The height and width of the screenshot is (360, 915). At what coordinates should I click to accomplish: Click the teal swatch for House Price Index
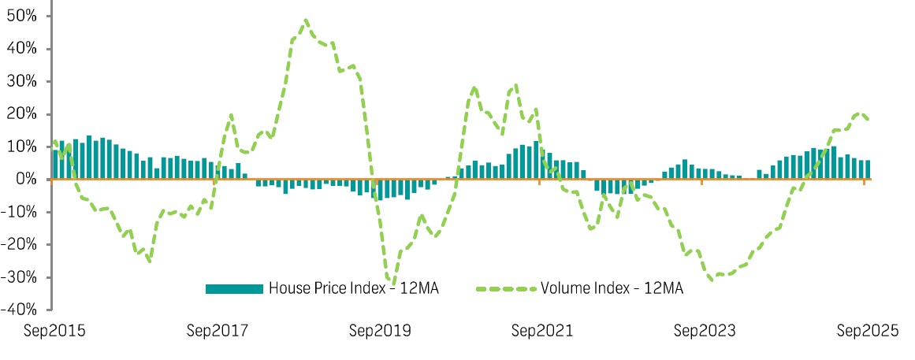tap(233, 288)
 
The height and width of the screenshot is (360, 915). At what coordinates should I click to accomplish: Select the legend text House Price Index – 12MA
tap(353, 288)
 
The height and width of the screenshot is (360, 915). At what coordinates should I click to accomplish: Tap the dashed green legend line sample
tap(507, 288)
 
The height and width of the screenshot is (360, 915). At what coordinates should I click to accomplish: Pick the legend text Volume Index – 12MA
tap(612, 288)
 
